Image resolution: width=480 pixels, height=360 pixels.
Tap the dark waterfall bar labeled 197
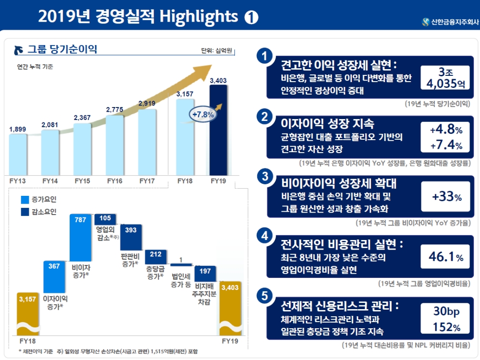205,276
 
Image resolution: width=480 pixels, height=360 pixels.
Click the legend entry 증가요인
41,199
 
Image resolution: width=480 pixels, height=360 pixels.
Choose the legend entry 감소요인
41,211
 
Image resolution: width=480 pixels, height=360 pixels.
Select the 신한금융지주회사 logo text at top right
449,22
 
